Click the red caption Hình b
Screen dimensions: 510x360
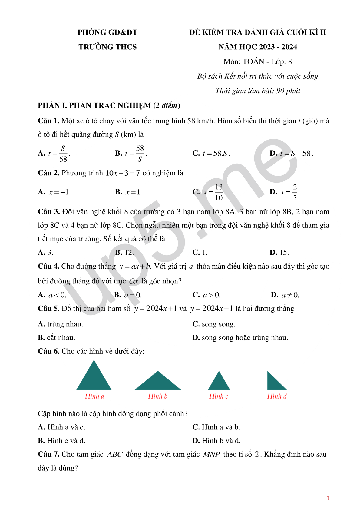[x=158, y=396]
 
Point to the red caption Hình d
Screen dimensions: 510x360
[x=277, y=396]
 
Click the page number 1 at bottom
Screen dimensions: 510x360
[x=328, y=498]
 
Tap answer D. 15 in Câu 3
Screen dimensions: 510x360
[x=279, y=253]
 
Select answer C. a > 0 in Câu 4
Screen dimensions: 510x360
[x=206, y=295]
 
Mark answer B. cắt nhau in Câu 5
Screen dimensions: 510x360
[x=57, y=338]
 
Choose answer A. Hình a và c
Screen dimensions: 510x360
[x=62, y=427]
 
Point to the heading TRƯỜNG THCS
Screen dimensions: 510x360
[x=107, y=47]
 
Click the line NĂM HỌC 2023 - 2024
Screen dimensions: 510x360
[x=258, y=47]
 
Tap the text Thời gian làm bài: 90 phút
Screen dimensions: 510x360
[x=258, y=91]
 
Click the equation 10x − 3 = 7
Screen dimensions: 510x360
[x=123, y=173]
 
